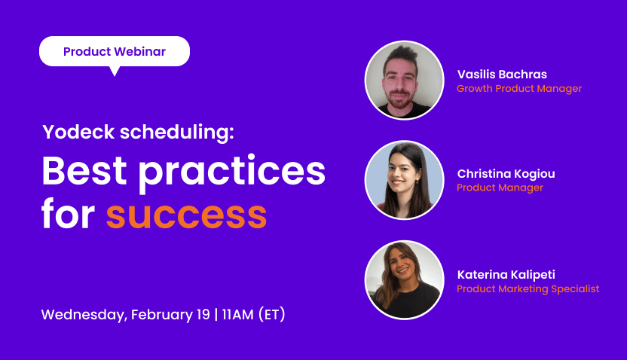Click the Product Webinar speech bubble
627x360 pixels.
pyautogui.click(x=115, y=51)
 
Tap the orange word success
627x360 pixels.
pyautogui.click(x=186, y=215)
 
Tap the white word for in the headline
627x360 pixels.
pyautogui.click(x=68, y=215)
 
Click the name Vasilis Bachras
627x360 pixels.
pyautogui.click(x=502, y=75)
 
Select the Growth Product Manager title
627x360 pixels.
pyautogui.click(x=519, y=89)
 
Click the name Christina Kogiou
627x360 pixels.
pyautogui.click(x=506, y=174)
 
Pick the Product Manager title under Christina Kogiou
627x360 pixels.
pyautogui.click(x=500, y=188)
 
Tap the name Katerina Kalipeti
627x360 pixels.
pyautogui.click(x=506, y=274)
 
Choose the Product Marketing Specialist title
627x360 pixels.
pyautogui.click(x=528, y=288)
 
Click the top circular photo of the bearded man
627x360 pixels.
pyautogui.click(x=404, y=80)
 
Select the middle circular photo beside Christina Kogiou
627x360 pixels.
pyautogui.click(x=404, y=180)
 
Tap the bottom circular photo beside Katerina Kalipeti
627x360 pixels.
pyautogui.click(x=404, y=279)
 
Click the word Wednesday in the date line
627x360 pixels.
pyautogui.click(x=82, y=314)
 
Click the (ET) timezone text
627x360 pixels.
pyautogui.click(x=271, y=314)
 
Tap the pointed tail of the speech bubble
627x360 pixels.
pyautogui.click(x=115, y=71)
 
